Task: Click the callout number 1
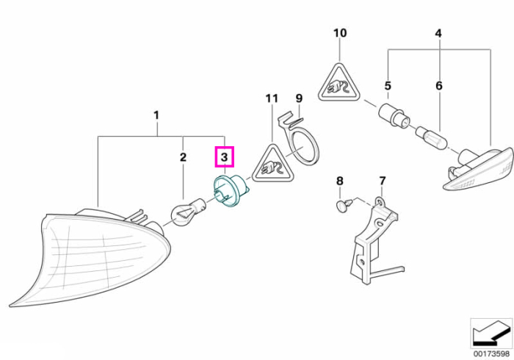coord(156,115)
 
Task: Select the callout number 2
coord(183,157)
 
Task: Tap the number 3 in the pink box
coord(224,157)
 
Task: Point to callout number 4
coord(438,33)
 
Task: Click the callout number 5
coord(388,86)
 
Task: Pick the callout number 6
coord(439,86)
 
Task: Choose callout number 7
coord(383,181)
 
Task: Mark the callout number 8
coord(340,181)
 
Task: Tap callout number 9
coord(299,98)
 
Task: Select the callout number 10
coord(340,33)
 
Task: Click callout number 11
coord(272,98)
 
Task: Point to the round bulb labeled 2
coord(187,214)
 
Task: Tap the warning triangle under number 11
coord(272,165)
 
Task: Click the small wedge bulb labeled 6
coord(431,137)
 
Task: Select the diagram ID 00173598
coord(492,354)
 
